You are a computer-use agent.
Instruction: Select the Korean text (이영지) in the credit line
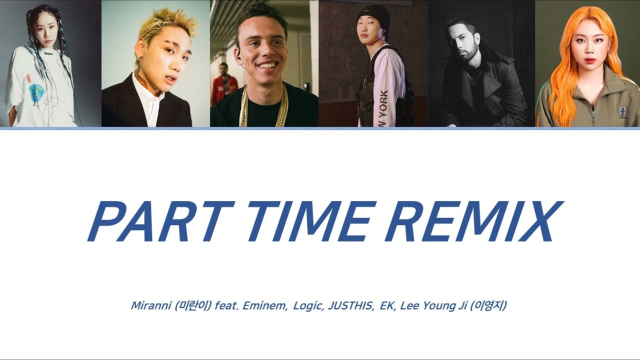pos(488,305)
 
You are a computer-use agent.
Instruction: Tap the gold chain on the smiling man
pos(263,107)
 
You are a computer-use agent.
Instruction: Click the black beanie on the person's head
pos(370,15)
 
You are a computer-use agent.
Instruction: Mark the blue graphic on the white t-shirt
pos(36,93)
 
